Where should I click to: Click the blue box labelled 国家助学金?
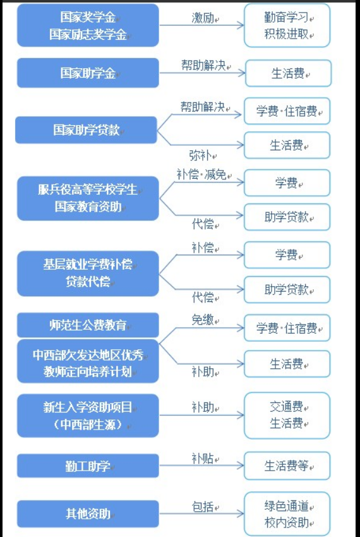pos(88,73)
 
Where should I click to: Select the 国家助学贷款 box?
pos(86,130)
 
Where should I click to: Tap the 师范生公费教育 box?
pos(88,325)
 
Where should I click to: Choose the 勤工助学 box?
pos(88,466)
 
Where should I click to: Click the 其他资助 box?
pos(88,514)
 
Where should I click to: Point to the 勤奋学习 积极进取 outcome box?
pos(287,25)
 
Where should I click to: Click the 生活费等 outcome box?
pos(287,466)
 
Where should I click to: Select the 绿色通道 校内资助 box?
pos(287,514)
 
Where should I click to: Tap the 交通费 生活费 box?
pos(287,416)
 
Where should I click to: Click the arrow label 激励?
pos(203,18)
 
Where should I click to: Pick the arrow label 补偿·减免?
pos(201,174)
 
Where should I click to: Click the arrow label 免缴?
pos(203,320)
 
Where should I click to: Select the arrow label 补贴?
pos(203,458)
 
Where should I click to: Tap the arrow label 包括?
pos(203,507)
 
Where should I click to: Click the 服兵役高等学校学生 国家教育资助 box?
pos(88,198)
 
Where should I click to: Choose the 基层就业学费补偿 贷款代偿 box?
pos(88,274)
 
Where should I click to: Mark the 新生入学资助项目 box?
pos(88,416)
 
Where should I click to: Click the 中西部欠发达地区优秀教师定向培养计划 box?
pos(88,361)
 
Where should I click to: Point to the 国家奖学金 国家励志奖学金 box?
pos(88,25)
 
